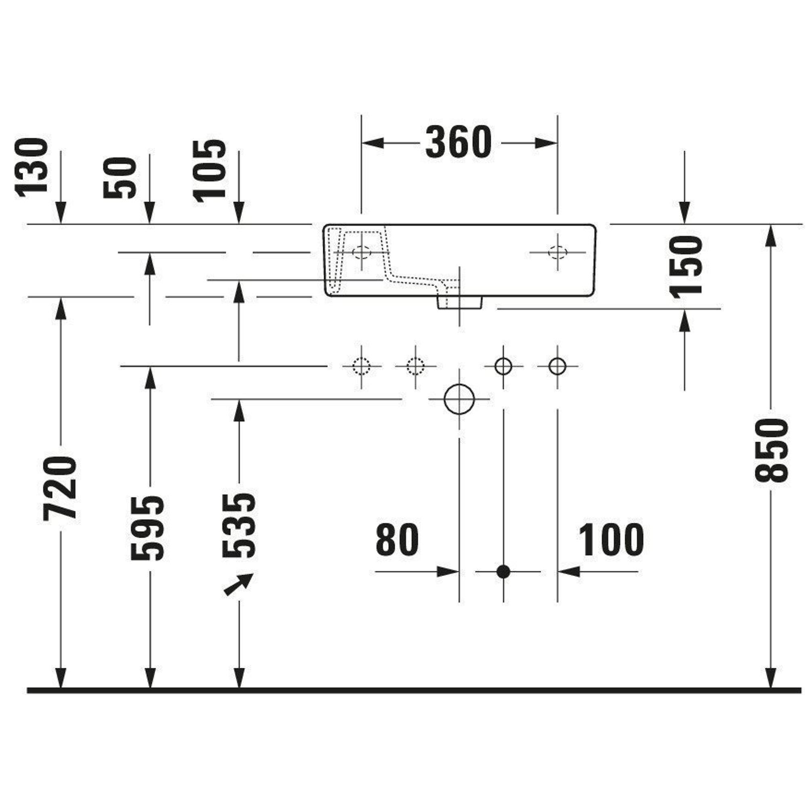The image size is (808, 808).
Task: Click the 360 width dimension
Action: click(x=459, y=143)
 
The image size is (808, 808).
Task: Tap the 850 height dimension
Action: click(x=772, y=451)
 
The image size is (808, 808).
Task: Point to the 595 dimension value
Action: click(x=147, y=528)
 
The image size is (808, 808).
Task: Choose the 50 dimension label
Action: click(x=120, y=178)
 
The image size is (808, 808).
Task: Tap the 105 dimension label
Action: click(x=209, y=171)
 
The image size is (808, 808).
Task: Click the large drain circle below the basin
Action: click(x=459, y=399)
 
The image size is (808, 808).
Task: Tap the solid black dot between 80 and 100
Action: click(x=503, y=571)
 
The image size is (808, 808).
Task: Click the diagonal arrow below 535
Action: click(x=238, y=584)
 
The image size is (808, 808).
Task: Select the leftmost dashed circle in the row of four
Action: click(x=361, y=366)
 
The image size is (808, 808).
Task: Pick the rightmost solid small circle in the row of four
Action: click(x=557, y=366)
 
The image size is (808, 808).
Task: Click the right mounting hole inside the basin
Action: click(x=558, y=252)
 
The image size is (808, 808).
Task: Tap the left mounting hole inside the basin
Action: click(x=361, y=252)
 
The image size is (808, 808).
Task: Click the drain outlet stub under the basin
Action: click(x=460, y=303)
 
